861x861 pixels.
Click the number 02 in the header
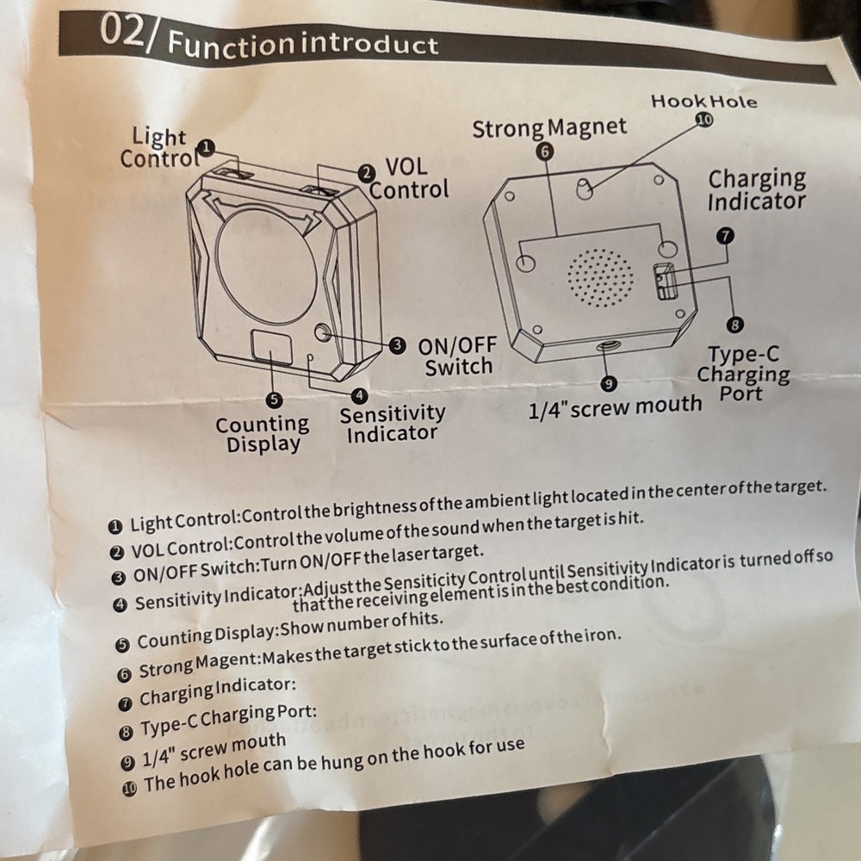pyautogui.click(x=122, y=31)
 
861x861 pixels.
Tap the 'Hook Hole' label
pyautogui.click(x=703, y=102)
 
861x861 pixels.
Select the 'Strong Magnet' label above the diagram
pyautogui.click(x=549, y=128)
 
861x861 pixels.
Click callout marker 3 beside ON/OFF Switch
pyautogui.click(x=397, y=345)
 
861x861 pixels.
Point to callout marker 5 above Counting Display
pyautogui.click(x=274, y=400)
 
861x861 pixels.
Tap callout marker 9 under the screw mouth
pyautogui.click(x=608, y=383)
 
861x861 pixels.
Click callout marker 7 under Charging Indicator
pyautogui.click(x=725, y=236)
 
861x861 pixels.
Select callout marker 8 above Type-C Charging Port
pyautogui.click(x=734, y=325)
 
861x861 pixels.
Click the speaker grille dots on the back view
pyautogui.click(x=600, y=278)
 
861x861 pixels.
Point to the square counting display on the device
pyautogui.click(x=271, y=346)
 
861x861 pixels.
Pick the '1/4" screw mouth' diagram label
pyautogui.click(x=615, y=407)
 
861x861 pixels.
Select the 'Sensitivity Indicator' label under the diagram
pyautogui.click(x=392, y=424)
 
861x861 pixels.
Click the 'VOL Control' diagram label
pyautogui.click(x=408, y=178)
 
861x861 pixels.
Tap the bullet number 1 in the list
pyautogui.click(x=115, y=528)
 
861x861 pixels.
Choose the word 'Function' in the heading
pyautogui.click(x=231, y=44)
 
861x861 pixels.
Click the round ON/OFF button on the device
pyautogui.click(x=323, y=332)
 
